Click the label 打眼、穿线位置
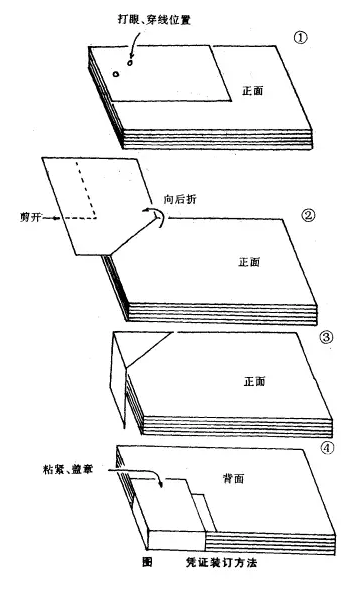154,19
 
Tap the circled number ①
300,38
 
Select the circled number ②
308,215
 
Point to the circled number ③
326,337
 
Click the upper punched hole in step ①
130,62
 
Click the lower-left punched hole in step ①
116,74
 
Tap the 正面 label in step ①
252,91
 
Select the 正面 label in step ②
249,262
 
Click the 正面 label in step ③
254,382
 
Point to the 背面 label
234,478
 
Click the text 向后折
180,199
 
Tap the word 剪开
30,217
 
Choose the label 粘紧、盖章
68,469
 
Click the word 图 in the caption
147,562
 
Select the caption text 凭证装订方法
221,563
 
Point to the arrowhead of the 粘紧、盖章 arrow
161,485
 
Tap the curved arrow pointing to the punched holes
134,44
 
